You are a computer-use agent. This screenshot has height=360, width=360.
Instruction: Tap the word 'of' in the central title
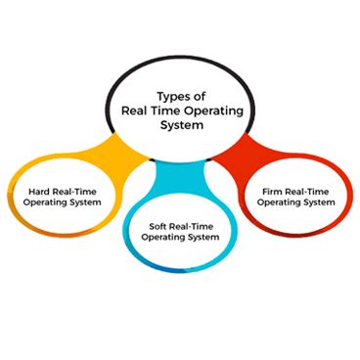(199, 97)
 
